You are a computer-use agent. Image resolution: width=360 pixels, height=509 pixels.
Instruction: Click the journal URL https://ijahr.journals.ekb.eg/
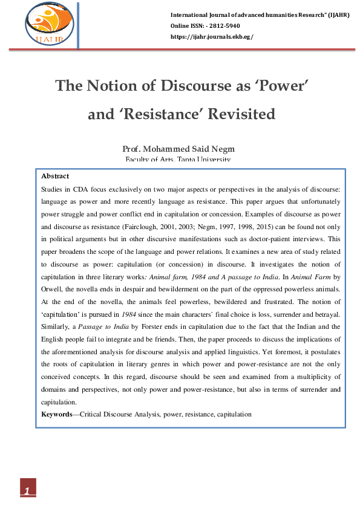click(x=212, y=37)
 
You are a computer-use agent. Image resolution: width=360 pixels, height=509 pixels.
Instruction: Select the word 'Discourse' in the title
click(x=195, y=85)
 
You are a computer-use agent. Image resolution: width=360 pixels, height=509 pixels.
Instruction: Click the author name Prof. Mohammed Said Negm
click(x=178, y=149)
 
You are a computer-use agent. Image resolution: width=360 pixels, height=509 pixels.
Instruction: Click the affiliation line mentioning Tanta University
click(x=178, y=160)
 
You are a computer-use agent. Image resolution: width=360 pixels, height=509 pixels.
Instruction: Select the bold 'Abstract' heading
click(x=55, y=177)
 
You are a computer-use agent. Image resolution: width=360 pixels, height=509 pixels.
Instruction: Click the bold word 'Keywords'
click(x=58, y=414)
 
